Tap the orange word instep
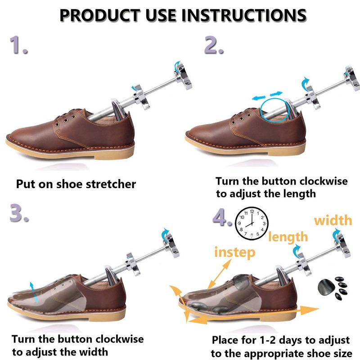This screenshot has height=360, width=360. (x=234, y=252)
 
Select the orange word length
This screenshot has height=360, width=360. (x=288, y=236)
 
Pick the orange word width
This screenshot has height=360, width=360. (x=333, y=220)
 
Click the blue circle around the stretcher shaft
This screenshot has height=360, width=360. (x=275, y=108)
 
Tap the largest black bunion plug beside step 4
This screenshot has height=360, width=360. (x=326, y=286)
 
